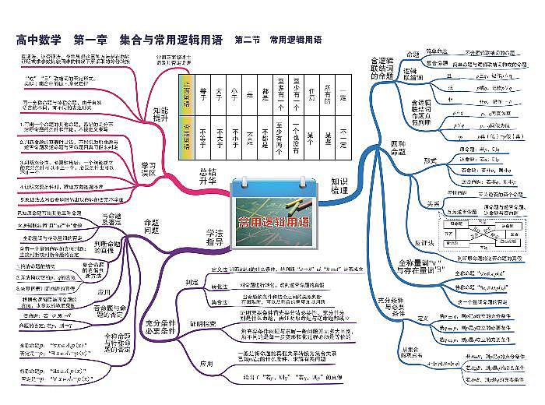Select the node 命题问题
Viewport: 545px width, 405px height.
click(x=150, y=224)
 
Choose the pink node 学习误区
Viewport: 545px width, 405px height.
click(x=148, y=170)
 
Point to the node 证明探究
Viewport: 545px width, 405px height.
click(x=199, y=323)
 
